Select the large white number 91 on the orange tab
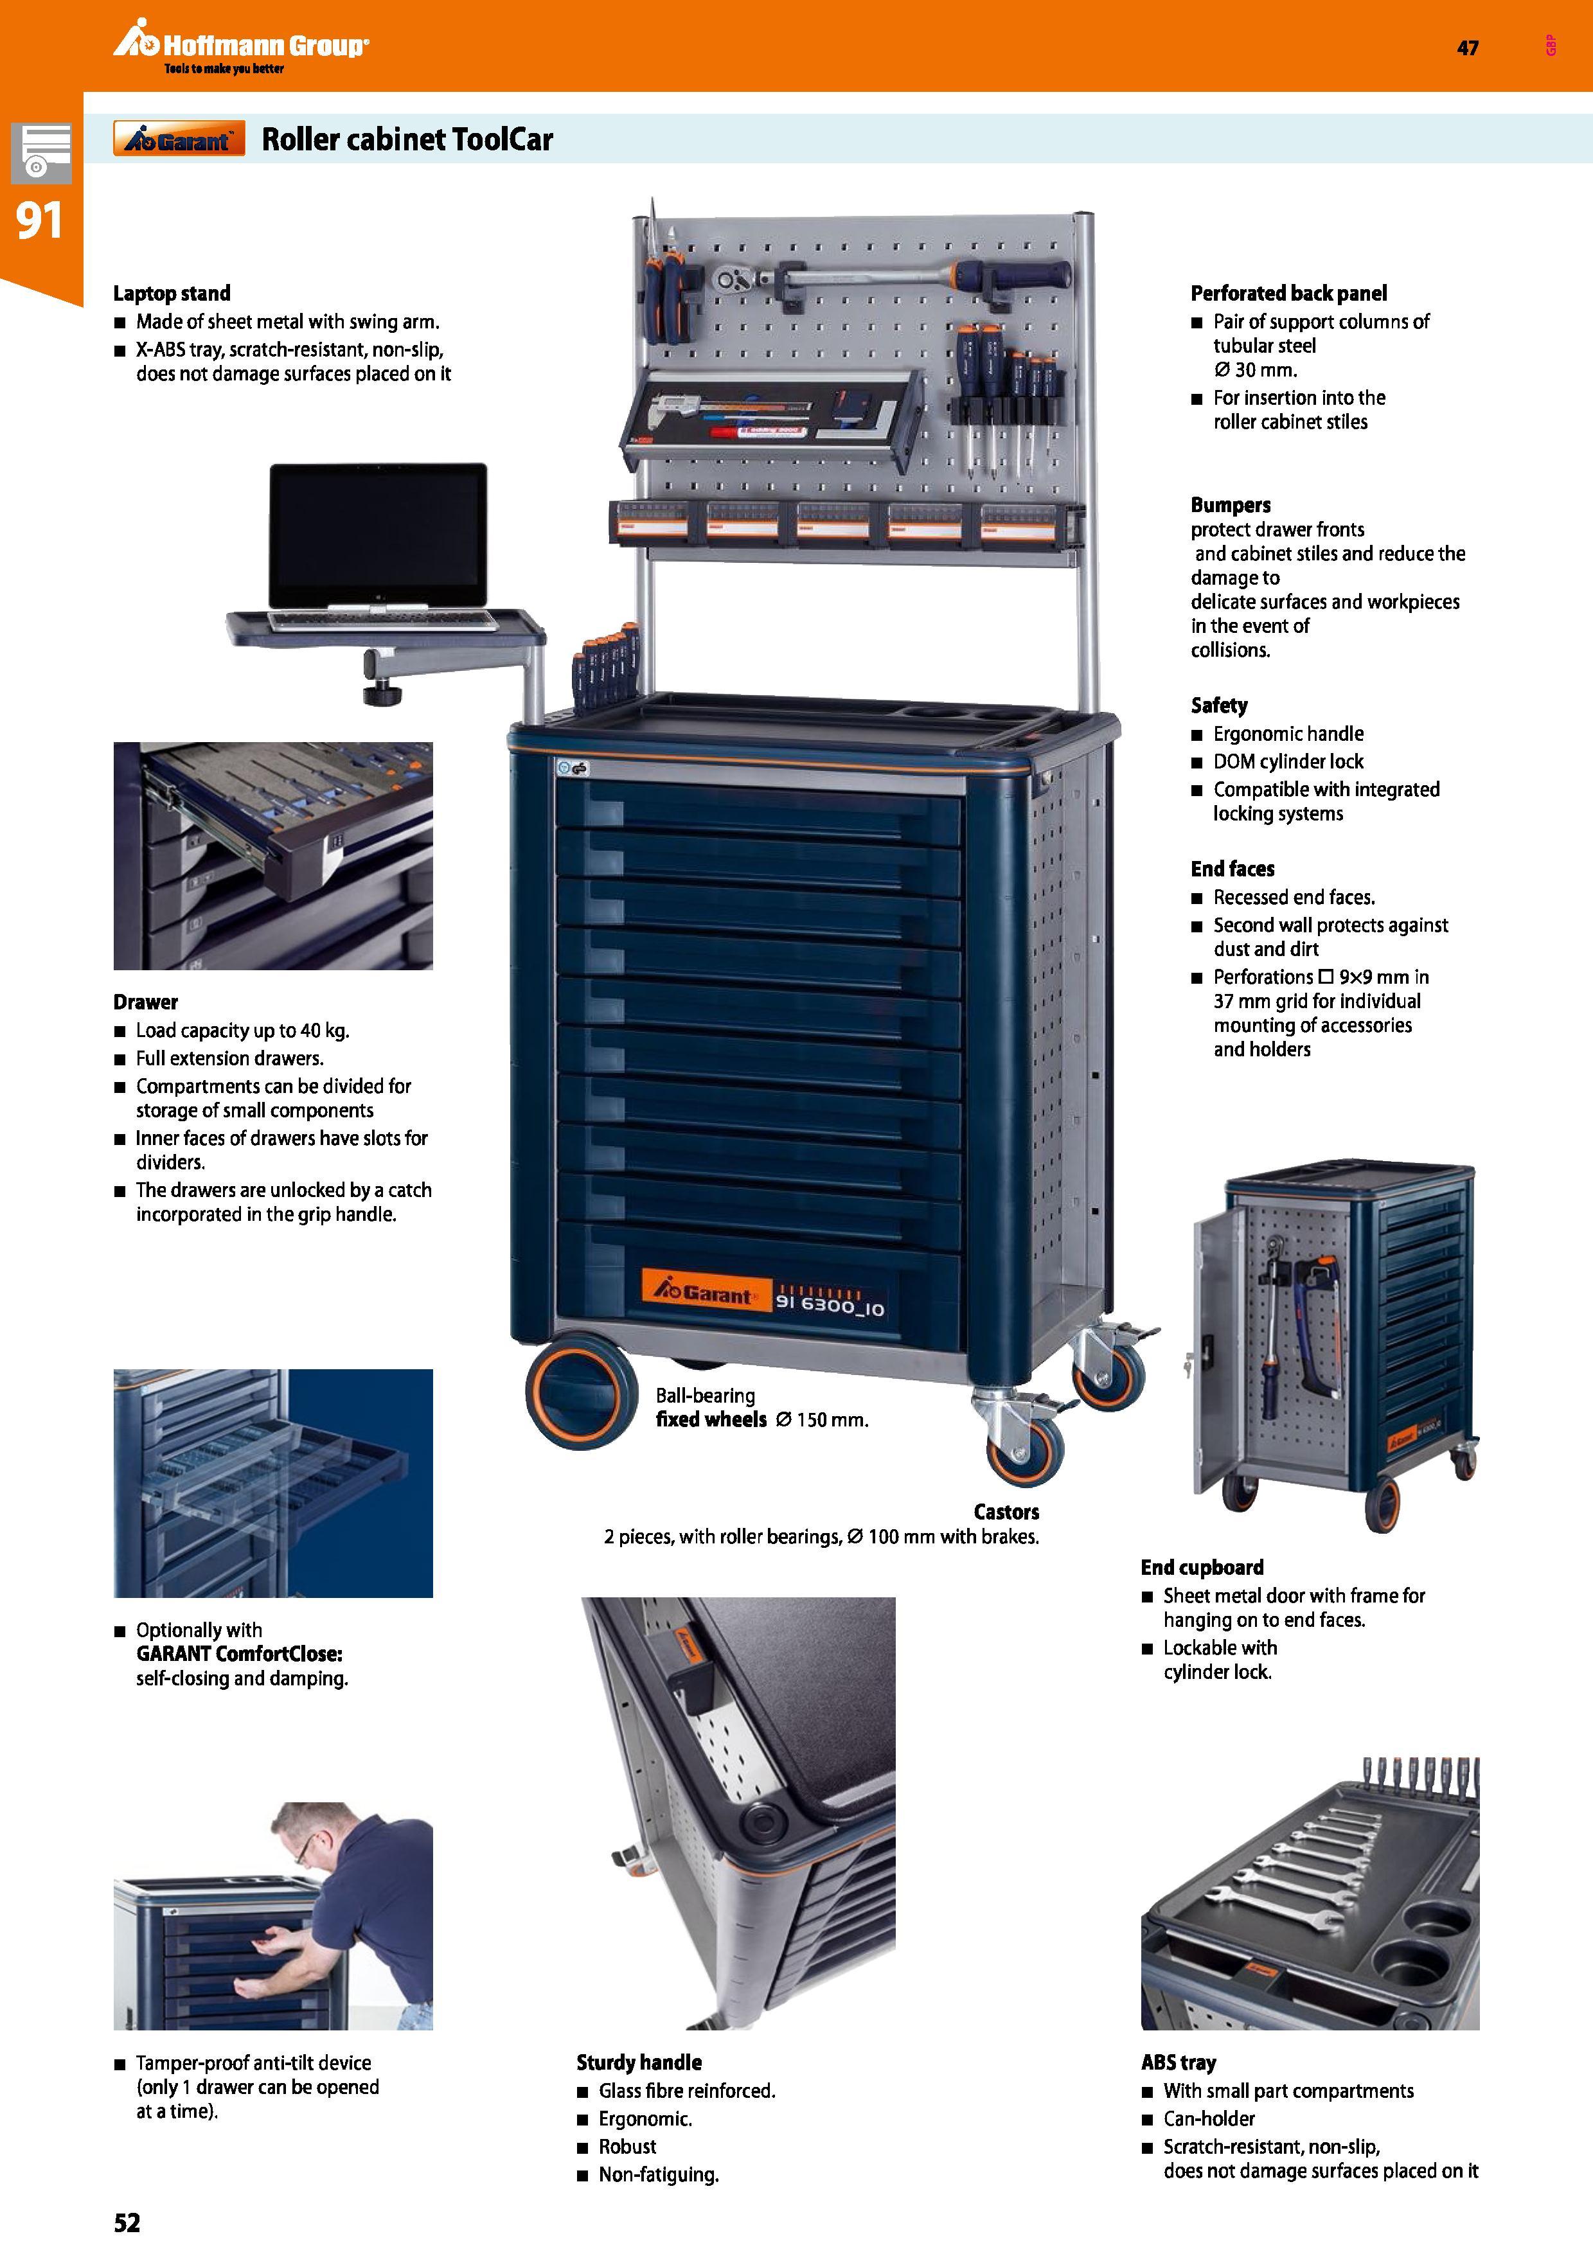(39, 221)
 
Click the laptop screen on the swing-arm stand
(378, 535)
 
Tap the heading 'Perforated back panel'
(1289, 294)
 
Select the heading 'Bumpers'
(1231, 506)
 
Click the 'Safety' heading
(1219, 706)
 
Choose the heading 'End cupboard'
(1202, 1568)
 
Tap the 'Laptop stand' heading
(172, 294)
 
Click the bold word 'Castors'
(1006, 1512)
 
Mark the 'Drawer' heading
(145, 1002)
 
